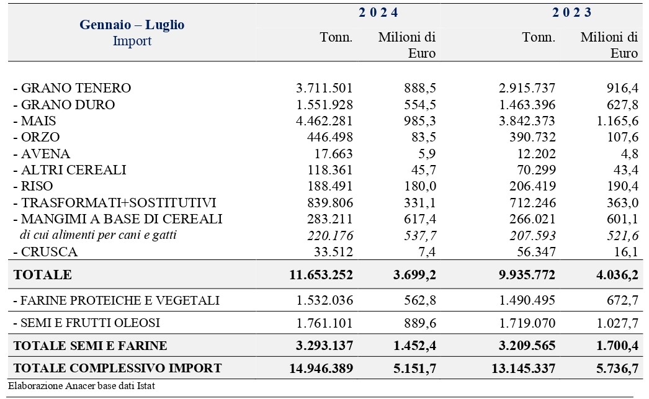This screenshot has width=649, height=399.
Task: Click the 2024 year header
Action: click(x=378, y=12)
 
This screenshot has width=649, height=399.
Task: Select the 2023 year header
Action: click(x=571, y=12)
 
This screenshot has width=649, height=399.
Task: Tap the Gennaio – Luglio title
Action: click(x=132, y=24)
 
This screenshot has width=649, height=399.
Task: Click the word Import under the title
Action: click(x=132, y=41)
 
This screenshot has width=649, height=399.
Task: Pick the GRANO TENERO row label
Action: click(x=72, y=88)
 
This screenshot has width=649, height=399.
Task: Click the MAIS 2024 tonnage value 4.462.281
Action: click(x=324, y=121)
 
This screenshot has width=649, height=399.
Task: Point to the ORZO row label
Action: click(x=37, y=137)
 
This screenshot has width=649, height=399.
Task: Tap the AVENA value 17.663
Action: click(x=333, y=153)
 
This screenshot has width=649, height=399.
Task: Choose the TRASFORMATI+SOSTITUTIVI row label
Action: click(x=115, y=202)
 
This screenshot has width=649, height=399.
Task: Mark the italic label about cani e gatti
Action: click(x=98, y=235)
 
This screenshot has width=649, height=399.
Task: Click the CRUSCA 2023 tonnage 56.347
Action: click(x=536, y=252)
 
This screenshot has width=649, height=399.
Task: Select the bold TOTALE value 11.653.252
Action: click(x=321, y=274)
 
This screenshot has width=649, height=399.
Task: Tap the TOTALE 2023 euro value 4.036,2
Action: click(x=617, y=274)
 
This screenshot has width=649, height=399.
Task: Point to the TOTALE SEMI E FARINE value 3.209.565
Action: click(x=527, y=345)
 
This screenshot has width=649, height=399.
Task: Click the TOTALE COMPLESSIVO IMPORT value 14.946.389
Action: click(x=321, y=368)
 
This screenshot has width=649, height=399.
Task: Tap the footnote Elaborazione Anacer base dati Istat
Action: click(x=81, y=386)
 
